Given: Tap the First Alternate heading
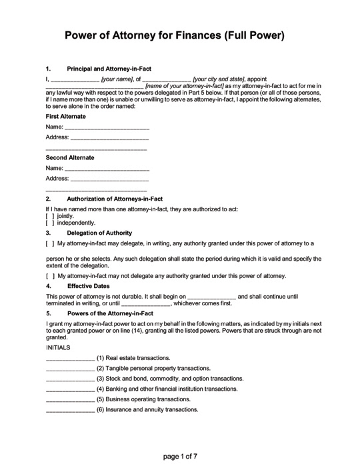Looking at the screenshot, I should [65, 116].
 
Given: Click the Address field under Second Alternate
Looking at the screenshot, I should [109, 180].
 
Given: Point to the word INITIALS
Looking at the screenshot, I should [59, 348].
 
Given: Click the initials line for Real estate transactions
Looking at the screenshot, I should [70, 359].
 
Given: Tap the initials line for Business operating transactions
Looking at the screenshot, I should [70, 400].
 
